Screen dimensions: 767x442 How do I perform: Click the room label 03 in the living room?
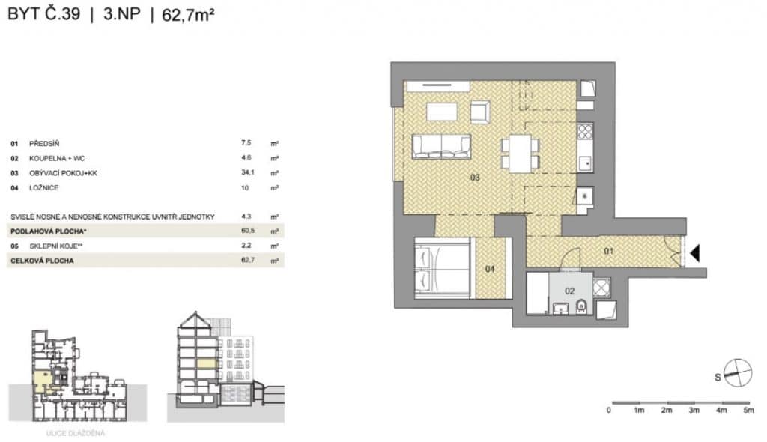[475, 178]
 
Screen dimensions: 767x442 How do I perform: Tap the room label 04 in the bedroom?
[490, 269]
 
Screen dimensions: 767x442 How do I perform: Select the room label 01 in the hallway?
[608, 251]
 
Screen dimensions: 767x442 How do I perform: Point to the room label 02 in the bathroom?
[569, 291]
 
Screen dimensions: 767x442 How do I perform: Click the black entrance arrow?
[694, 253]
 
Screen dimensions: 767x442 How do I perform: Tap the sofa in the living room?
[441, 147]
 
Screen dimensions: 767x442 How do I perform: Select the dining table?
[520, 154]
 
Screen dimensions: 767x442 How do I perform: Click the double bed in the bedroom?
[442, 267]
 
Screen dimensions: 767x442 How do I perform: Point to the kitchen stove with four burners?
[585, 131]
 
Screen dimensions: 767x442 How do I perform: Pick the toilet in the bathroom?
[581, 307]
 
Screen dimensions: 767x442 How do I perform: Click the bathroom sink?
[560, 309]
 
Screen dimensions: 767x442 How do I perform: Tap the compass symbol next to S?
[737, 372]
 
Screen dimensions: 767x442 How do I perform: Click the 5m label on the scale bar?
[748, 411]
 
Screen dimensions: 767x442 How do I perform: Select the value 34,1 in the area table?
[247, 172]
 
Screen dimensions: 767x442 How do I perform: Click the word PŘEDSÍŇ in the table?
[44, 143]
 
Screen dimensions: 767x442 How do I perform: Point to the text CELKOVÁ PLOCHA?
[42, 261]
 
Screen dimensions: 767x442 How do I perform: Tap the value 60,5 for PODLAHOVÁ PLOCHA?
[247, 231]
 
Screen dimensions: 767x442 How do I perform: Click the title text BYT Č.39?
[43, 13]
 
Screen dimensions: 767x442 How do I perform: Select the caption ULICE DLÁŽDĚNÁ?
[76, 433]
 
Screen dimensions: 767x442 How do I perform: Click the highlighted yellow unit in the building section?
[207, 363]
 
